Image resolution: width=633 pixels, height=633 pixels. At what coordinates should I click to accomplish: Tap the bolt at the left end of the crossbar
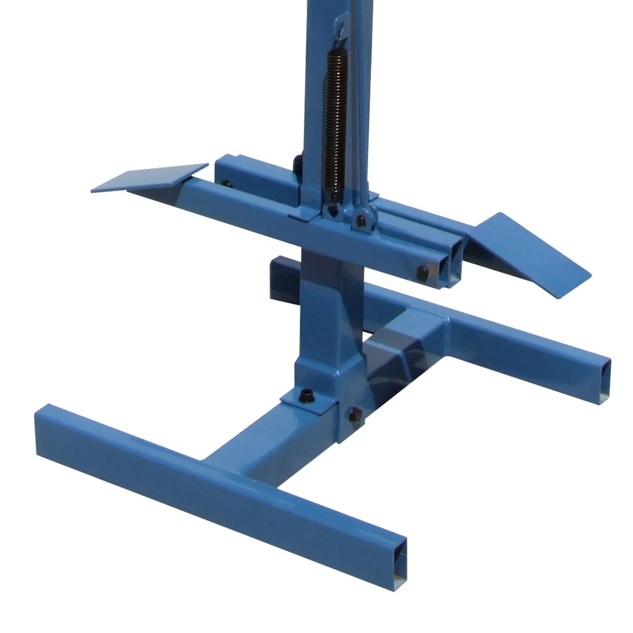click(227, 184)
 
